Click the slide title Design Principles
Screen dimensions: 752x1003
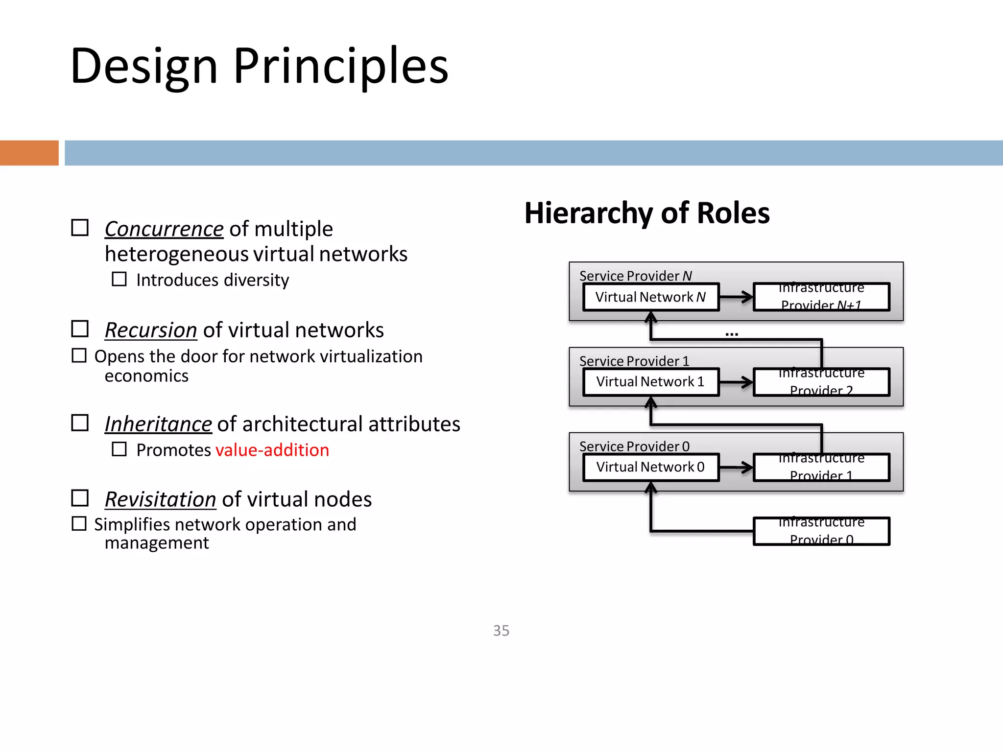point(259,66)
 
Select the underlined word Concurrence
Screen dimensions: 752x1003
point(164,229)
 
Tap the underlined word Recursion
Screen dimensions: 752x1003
point(151,330)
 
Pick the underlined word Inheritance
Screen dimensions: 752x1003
point(158,424)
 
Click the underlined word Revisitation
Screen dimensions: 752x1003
point(160,499)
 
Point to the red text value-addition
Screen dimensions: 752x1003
point(272,450)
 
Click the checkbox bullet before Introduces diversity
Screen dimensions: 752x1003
point(119,280)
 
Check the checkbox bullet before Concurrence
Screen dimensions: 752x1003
point(80,228)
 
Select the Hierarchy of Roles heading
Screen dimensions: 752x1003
point(646,213)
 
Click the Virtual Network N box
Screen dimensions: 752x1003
point(650,297)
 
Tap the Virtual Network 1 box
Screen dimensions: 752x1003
point(650,382)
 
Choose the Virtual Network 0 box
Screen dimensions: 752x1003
point(650,467)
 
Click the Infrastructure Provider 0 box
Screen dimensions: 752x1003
point(821,531)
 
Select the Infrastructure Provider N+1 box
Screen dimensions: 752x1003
point(821,297)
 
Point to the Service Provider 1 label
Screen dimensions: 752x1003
point(634,361)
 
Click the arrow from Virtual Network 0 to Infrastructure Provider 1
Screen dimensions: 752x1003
point(736,467)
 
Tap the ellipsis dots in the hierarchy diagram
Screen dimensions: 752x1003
point(732,334)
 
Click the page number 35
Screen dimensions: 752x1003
point(501,631)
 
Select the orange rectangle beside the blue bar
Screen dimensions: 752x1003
point(29,153)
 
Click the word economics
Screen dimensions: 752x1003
point(146,376)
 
